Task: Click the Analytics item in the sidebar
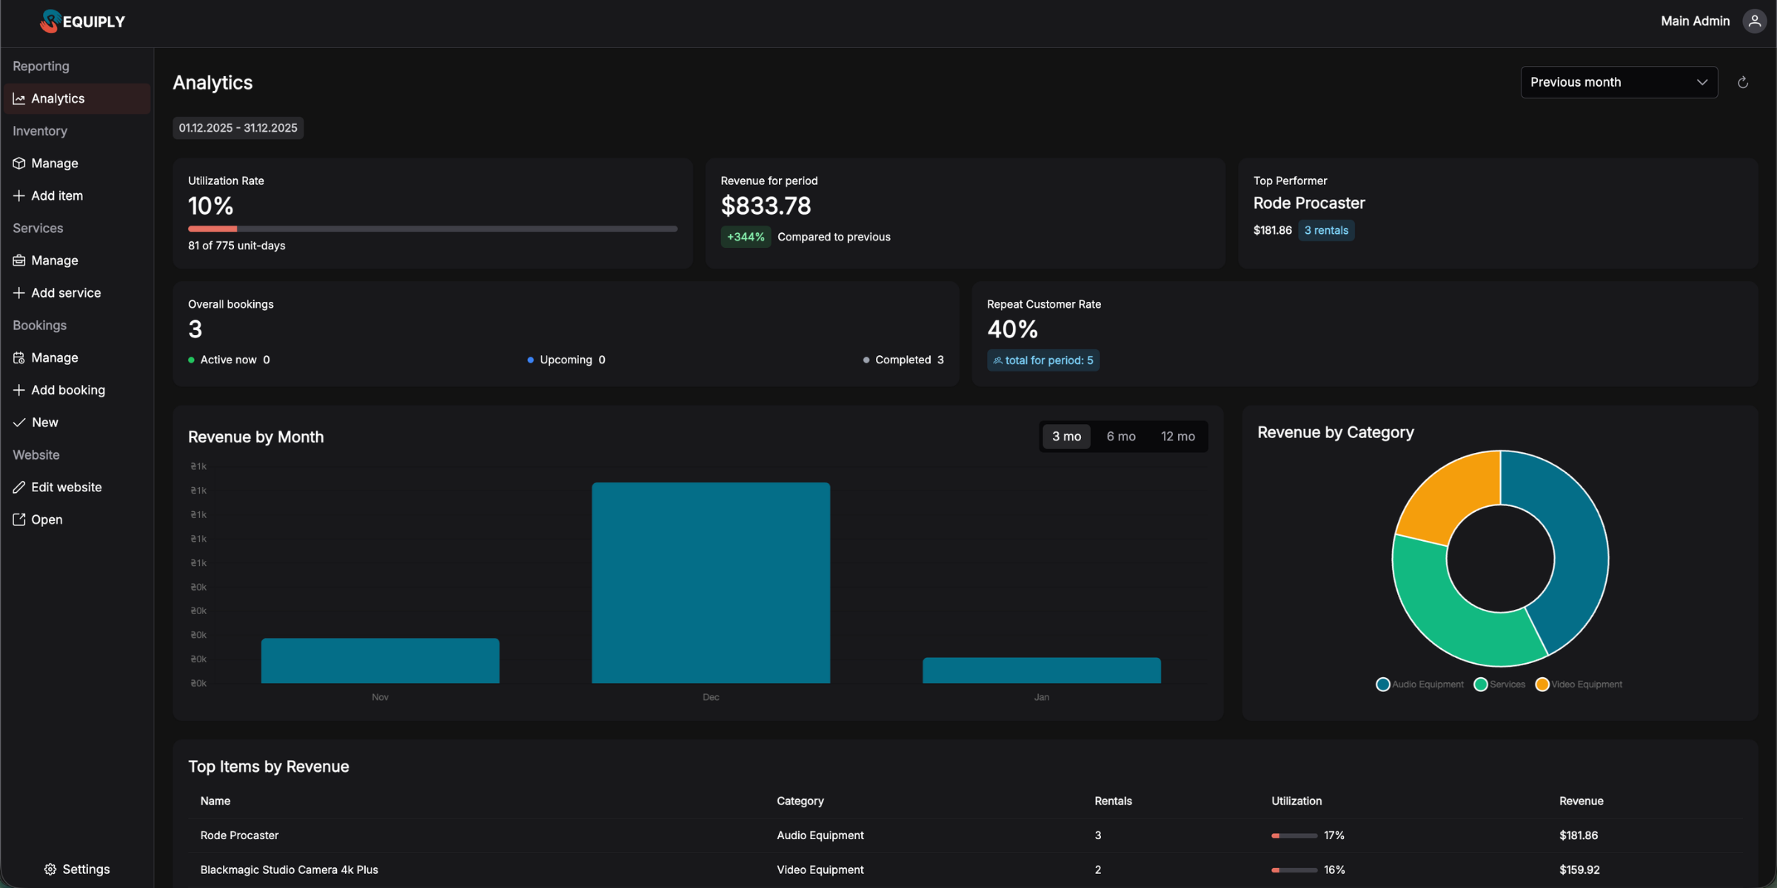point(58,98)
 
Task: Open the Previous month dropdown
point(1619,82)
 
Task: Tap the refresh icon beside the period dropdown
point(1743,82)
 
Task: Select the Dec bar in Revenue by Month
point(711,582)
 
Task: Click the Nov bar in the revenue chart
point(380,660)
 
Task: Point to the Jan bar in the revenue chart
point(1041,670)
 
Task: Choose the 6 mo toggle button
point(1120,437)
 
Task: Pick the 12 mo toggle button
point(1177,437)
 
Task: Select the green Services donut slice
point(1451,614)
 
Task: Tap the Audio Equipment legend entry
point(1419,684)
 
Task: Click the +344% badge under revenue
point(745,237)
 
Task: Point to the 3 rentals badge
point(1325,230)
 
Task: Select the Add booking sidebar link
point(67,390)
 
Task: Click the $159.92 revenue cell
point(1579,869)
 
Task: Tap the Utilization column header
point(1296,801)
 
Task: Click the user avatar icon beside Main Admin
point(1754,21)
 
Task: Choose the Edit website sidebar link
point(66,487)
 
